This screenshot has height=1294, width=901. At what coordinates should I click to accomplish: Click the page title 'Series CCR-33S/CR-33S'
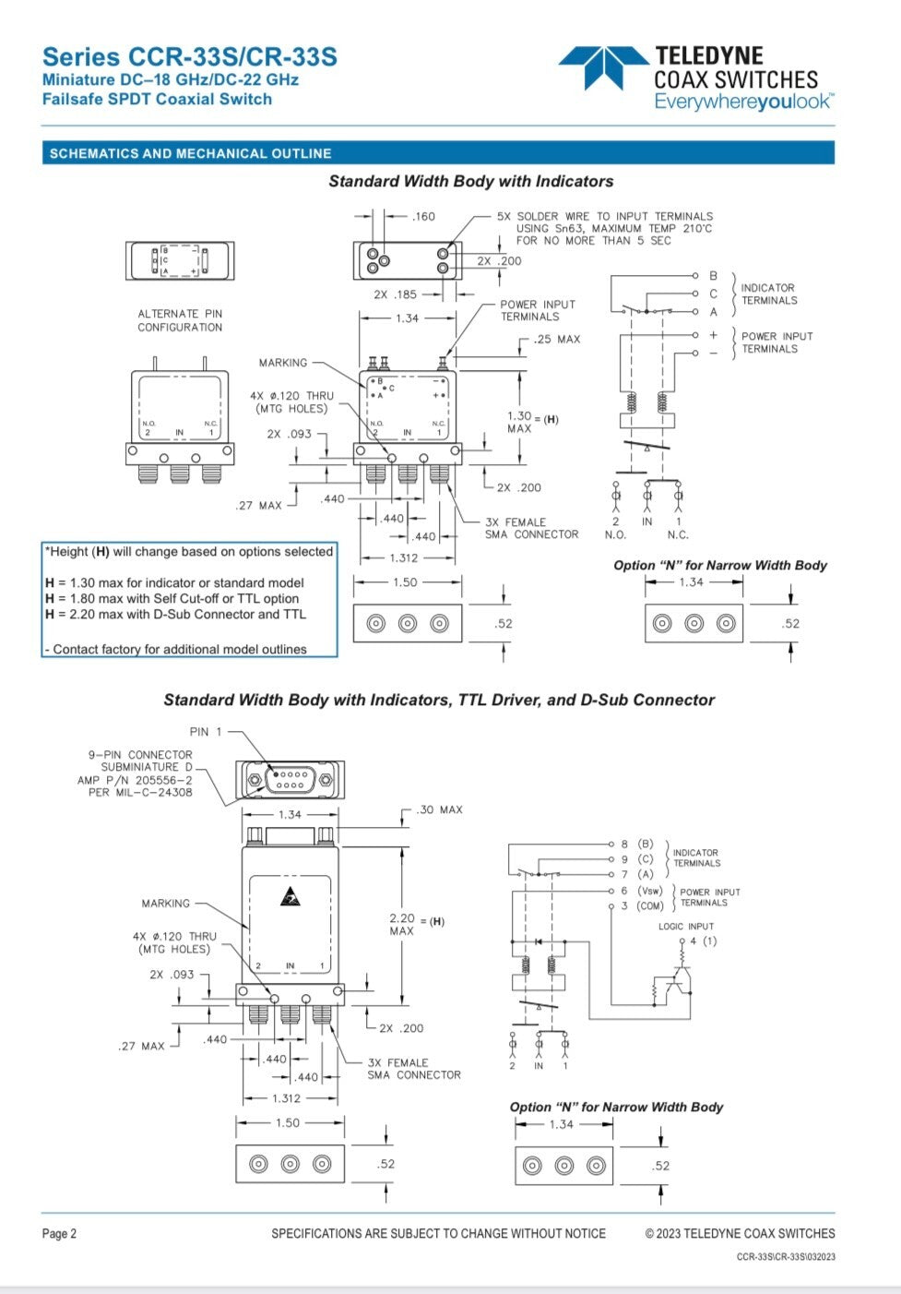coord(190,57)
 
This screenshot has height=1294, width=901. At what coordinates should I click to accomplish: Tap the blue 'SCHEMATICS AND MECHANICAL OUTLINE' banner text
coord(190,153)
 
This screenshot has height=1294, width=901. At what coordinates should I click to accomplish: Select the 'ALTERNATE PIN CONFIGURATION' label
coord(180,320)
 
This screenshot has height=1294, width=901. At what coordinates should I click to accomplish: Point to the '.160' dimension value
coord(423,217)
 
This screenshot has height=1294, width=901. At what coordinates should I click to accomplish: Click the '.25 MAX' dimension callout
coord(557,340)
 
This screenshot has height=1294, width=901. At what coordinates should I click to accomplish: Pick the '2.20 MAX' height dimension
coord(402,924)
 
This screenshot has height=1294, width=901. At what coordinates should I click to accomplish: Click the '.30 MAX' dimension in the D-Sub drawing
coord(439,810)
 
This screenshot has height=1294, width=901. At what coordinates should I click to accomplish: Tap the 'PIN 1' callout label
coord(206,732)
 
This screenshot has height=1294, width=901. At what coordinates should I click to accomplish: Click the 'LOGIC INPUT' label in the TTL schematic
coord(686,927)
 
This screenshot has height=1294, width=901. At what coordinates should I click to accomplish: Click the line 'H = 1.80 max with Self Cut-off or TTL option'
coord(172,598)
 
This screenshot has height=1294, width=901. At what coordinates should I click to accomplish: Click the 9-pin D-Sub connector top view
coord(290,780)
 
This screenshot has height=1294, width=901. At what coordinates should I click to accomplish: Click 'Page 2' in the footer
coord(59,1234)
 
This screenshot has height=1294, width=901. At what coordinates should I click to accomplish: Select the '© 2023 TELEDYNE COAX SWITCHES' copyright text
coord(740,1234)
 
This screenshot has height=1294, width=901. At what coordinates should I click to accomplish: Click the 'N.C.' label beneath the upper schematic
coord(678,534)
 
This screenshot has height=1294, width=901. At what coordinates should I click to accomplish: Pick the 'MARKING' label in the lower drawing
coord(166,904)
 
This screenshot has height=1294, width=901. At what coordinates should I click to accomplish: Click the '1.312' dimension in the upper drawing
coord(404,557)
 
